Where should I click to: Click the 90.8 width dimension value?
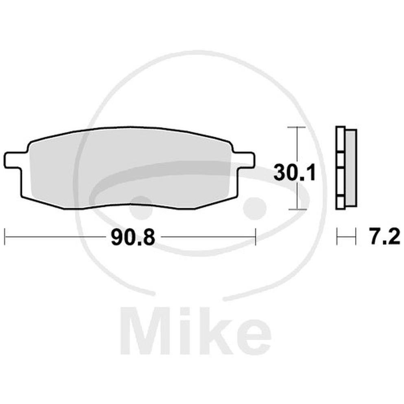point(133,238)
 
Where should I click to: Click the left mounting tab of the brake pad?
point(15,161)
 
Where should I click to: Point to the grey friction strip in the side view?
point(351,168)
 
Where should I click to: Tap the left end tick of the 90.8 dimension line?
point(5,236)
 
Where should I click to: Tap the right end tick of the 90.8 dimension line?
point(256,236)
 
